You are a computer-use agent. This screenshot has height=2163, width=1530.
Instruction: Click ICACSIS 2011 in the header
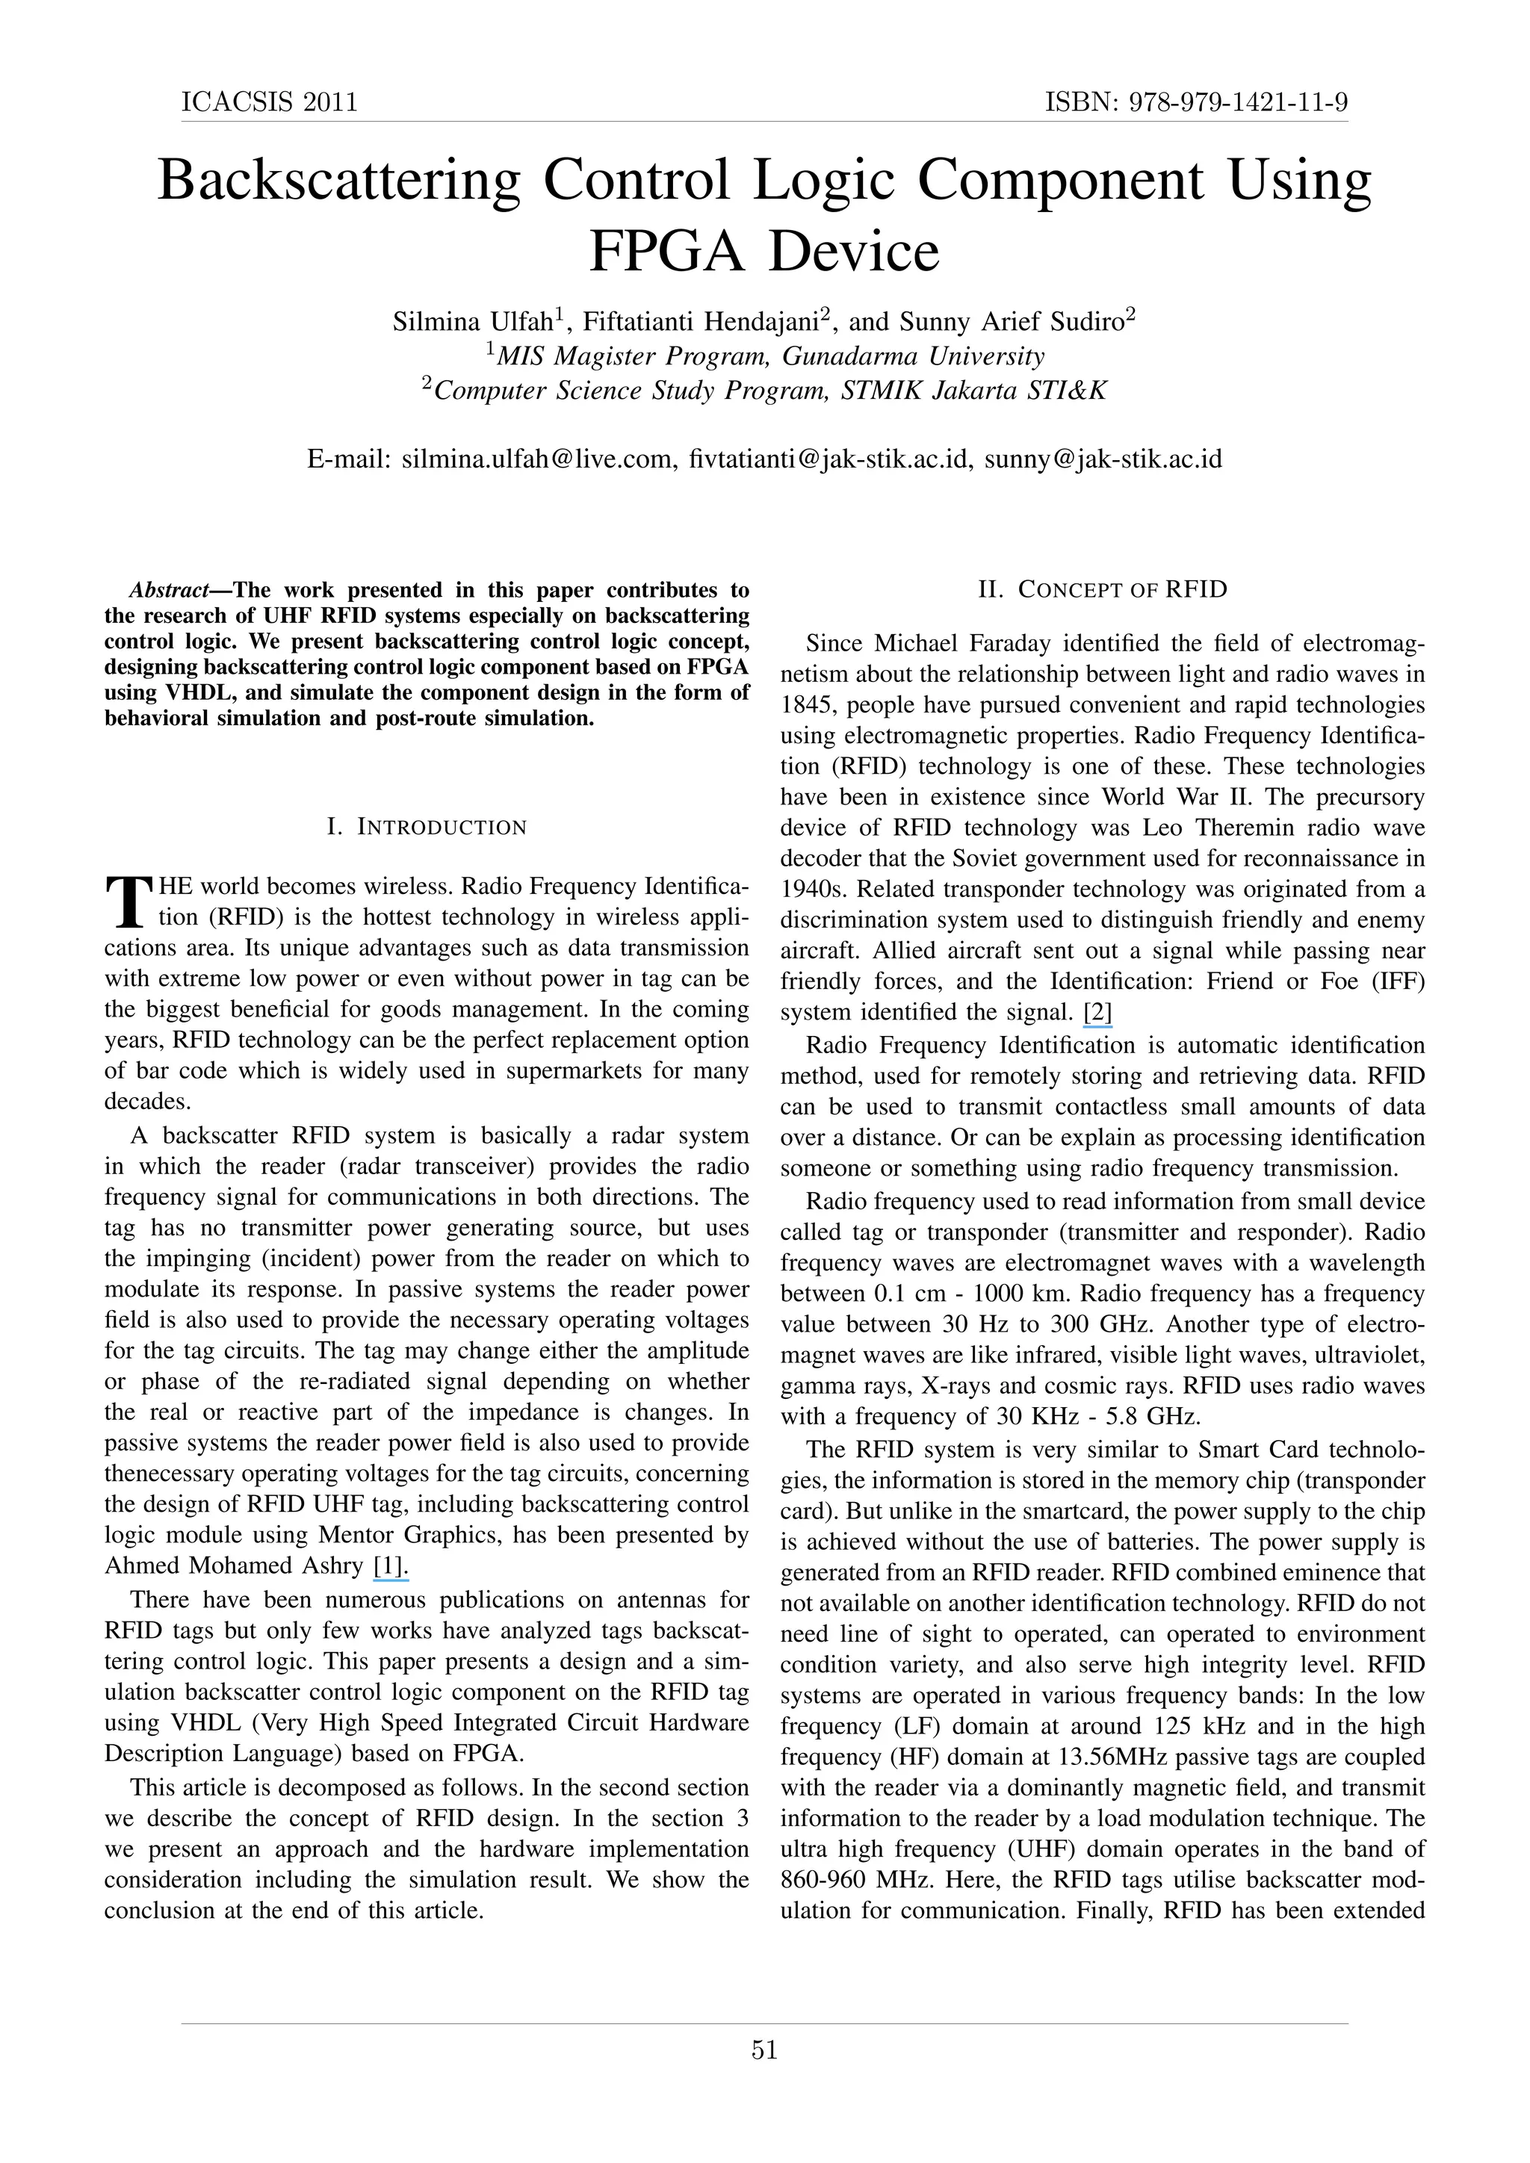click(x=270, y=102)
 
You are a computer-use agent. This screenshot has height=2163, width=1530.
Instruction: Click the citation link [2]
click(x=1097, y=1013)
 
